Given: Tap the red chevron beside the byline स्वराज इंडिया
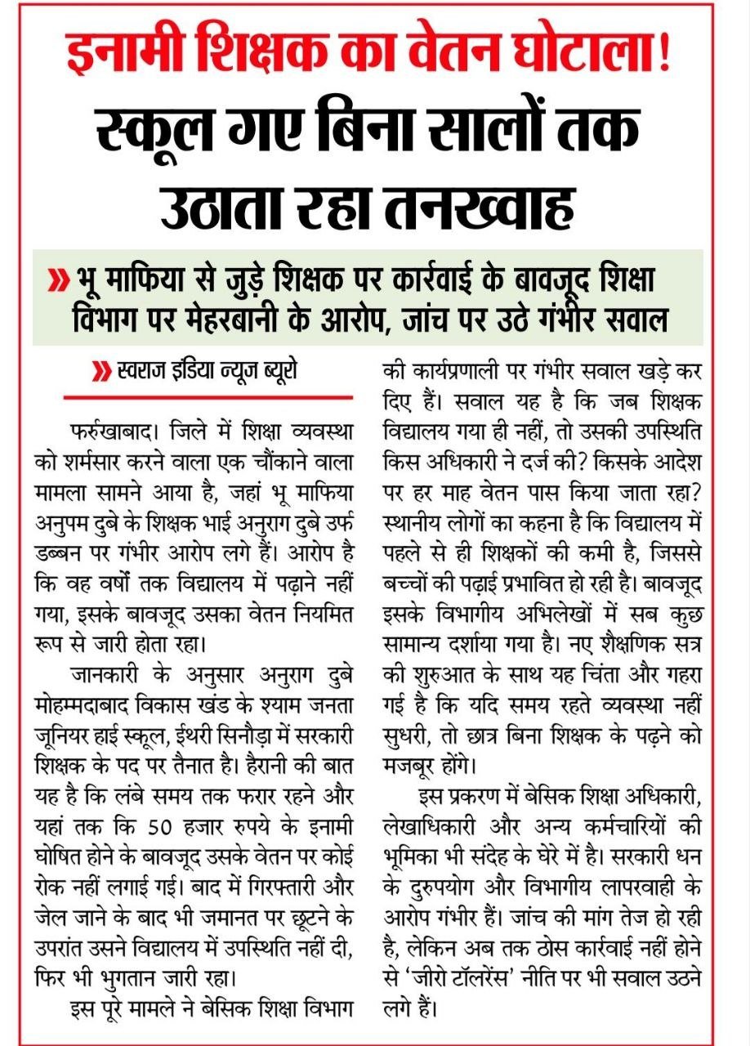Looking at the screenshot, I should (x=103, y=374).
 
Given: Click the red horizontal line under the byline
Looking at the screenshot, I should (x=208, y=398).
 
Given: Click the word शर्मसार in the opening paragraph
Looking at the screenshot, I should (x=96, y=461).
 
